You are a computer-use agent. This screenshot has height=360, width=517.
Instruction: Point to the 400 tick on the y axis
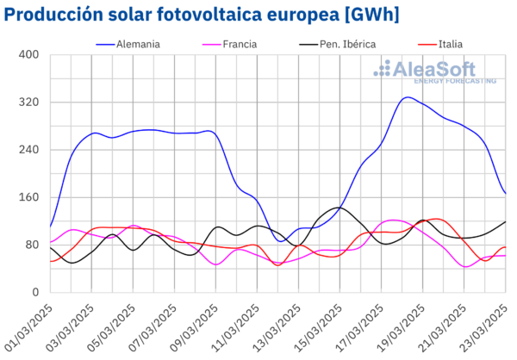(x=29, y=54)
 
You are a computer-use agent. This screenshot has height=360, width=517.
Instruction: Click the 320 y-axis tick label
(x=29, y=102)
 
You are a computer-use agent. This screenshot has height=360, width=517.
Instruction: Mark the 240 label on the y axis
(x=29, y=150)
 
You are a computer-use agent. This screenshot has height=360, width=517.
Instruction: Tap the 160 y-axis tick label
(x=29, y=197)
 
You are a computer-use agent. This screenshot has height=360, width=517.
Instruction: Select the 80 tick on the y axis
(x=32, y=245)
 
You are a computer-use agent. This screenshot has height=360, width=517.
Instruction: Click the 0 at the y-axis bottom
(x=35, y=293)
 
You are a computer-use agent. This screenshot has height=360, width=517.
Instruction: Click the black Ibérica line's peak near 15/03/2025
(x=338, y=207)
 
